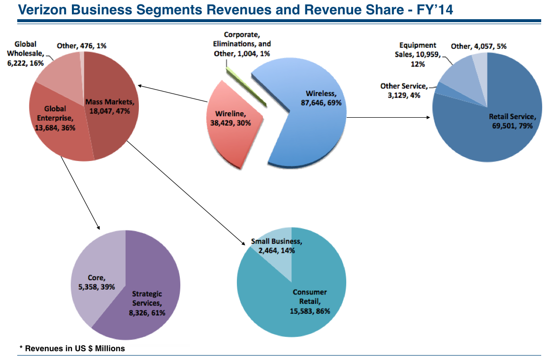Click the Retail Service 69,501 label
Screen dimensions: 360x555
click(511, 121)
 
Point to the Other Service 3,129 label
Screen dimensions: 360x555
click(403, 91)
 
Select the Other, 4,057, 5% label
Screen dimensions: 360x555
click(479, 46)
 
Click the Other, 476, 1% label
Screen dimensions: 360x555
click(82, 46)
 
